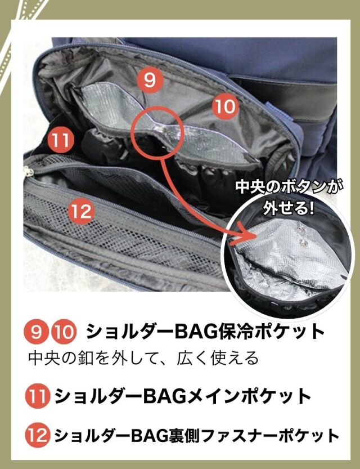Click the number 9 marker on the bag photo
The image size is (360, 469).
pyautogui.click(x=150, y=80)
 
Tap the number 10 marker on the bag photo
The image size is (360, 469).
pyautogui.click(x=225, y=106)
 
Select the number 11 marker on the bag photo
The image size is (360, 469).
pyautogui.click(x=61, y=140)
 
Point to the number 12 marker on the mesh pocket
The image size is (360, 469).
pyautogui.click(x=82, y=211)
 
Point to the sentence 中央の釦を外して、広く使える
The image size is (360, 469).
pyautogui.click(x=143, y=358)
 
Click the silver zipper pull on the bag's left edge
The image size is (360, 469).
pyautogui.click(x=29, y=172)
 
